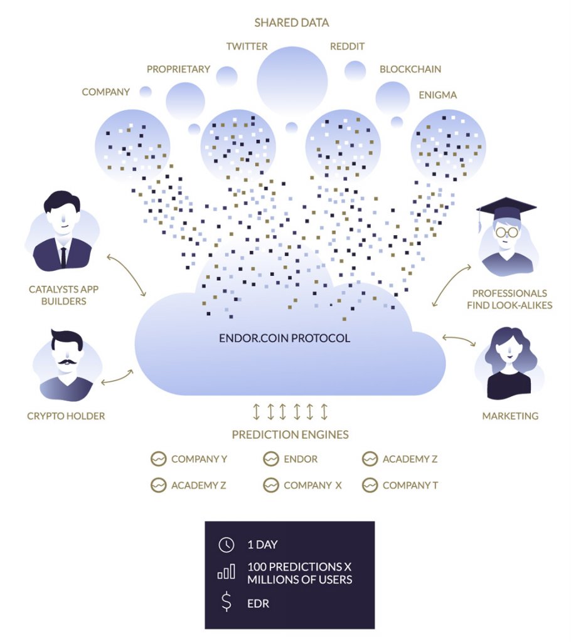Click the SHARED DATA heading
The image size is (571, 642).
291,23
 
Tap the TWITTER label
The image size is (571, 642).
247,46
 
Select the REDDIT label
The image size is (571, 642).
347,46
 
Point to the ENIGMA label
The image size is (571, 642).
437,95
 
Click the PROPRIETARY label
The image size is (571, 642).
178,69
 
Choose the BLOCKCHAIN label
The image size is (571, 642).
410,69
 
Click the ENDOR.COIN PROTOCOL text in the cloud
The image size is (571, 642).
284,339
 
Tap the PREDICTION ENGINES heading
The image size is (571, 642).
290,434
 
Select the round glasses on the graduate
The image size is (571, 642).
507,232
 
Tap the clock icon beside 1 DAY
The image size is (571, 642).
226,545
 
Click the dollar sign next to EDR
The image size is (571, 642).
226,603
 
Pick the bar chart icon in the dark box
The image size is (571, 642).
226,572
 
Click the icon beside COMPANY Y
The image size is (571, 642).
158,459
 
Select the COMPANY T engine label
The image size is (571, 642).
410,485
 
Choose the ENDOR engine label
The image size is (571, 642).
301,459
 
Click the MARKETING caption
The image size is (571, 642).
510,416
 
